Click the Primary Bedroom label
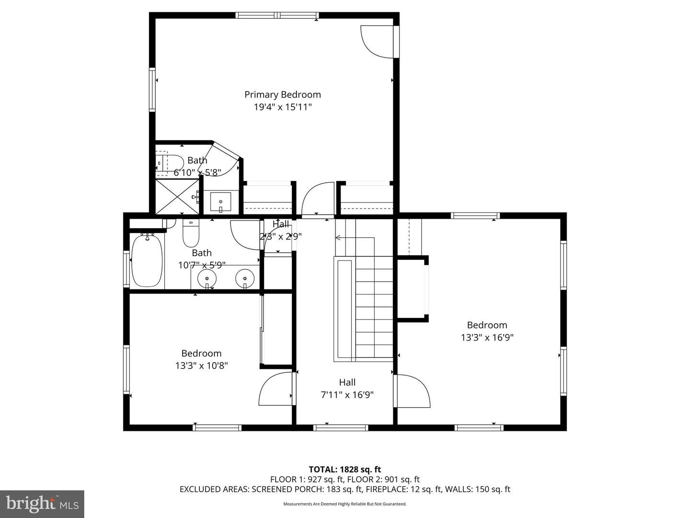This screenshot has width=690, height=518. (283, 94)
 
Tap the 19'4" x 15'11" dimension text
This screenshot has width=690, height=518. (283, 107)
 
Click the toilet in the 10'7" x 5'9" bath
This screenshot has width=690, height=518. (191, 234)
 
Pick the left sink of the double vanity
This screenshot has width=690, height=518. (207, 277)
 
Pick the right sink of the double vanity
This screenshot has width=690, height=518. (245, 277)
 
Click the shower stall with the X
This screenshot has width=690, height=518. (177, 196)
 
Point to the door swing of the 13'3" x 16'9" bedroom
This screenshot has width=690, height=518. (412, 391)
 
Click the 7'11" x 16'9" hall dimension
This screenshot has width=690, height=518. (347, 395)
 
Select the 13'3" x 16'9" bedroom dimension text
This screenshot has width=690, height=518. (487, 337)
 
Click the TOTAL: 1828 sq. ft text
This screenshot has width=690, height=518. (345, 470)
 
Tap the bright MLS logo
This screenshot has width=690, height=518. (42, 504)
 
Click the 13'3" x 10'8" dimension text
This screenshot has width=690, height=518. (201, 365)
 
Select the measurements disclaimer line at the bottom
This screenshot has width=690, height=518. (345, 504)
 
